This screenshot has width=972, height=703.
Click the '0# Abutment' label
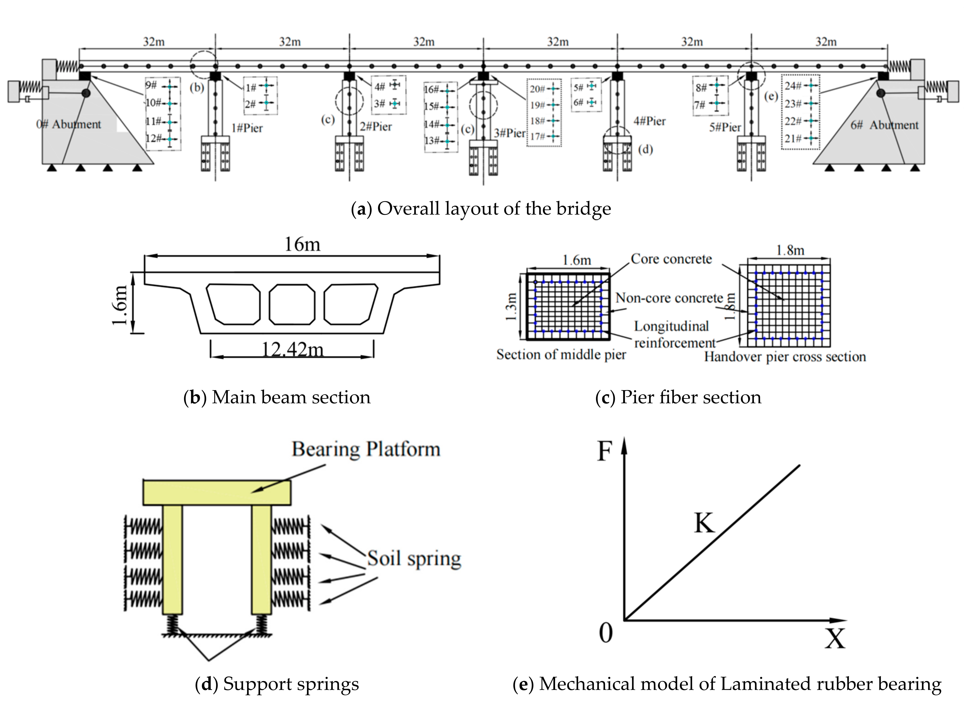click(69, 124)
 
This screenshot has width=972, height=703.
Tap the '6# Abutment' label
click(884, 125)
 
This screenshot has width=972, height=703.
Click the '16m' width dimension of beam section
click(302, 245)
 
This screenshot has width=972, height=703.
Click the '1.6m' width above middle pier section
click(576, 260)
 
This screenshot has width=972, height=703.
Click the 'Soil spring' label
click(414, 558)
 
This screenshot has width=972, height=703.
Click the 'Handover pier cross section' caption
click(785, 357)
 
